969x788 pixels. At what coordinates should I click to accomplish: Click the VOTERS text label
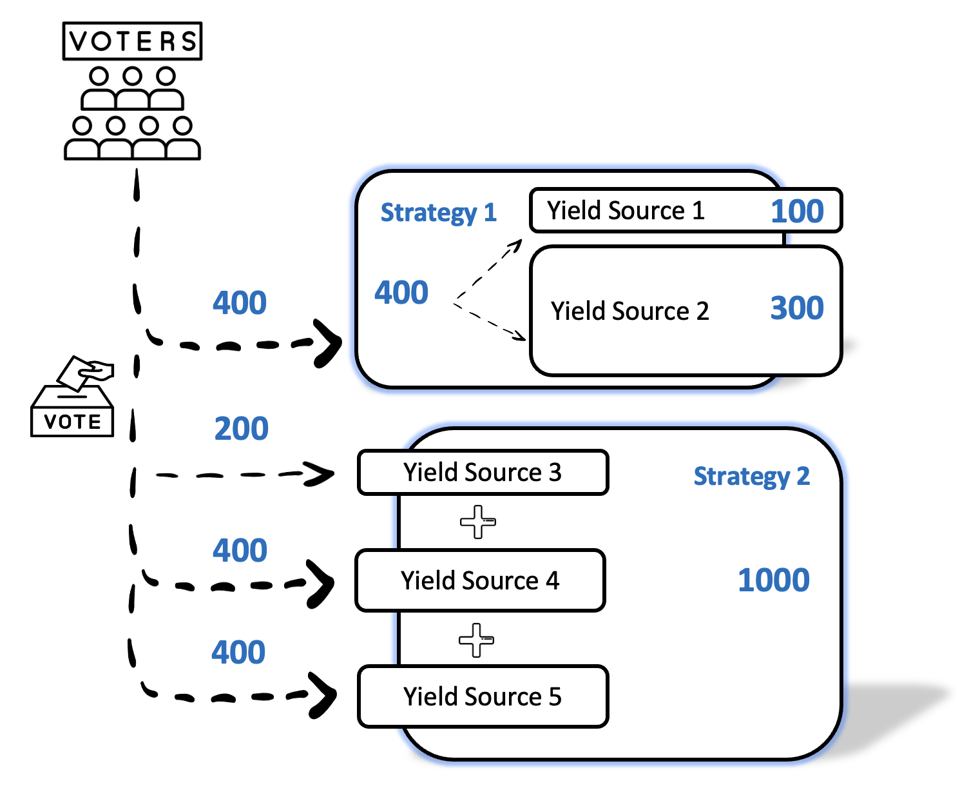[132, 41]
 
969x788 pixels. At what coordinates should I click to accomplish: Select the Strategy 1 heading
[438, 212]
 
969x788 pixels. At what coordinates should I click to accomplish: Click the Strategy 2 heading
[751, 476]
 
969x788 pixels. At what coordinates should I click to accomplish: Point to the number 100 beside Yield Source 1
[797, 211]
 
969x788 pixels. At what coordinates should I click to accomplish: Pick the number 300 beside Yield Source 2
[797, 308]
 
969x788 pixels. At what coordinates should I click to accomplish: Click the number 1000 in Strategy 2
[773, 580]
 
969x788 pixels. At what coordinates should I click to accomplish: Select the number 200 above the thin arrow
[241, 429]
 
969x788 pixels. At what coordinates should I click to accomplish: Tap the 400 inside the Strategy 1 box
[401, 292]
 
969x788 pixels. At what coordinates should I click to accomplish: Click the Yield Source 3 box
[483, 473]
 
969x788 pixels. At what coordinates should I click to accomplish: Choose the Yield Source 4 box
[480, 580]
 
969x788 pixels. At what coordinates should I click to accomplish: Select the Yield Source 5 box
[483, 696]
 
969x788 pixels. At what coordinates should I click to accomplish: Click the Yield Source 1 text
[626, 210]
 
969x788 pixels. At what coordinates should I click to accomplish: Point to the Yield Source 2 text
[629, 311]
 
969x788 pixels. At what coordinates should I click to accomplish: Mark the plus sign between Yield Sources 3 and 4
[477, 522]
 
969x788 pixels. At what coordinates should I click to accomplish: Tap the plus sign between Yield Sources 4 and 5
[476, 640]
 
